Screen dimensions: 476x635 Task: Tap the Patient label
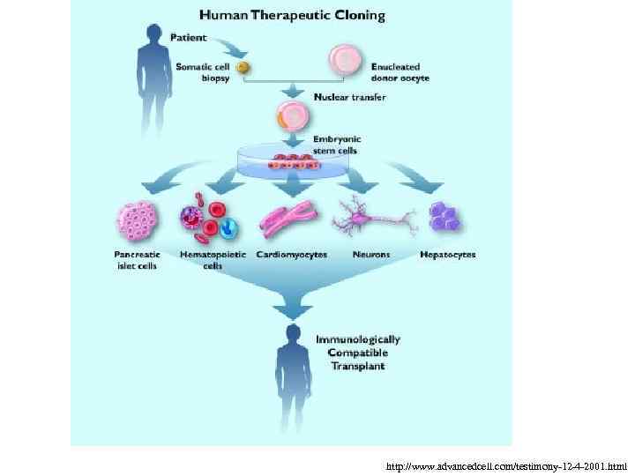click(188, 38)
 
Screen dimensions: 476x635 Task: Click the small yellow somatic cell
click(243, 67)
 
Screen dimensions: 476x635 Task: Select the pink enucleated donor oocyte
click(345, 60)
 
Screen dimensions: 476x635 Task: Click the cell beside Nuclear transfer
click(292, 116)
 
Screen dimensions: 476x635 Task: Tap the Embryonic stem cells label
click(337, 144)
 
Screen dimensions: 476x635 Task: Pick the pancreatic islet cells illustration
click(137, 220)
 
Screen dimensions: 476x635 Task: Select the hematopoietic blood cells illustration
click(210, 220)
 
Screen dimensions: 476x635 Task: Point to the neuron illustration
click(373, 216)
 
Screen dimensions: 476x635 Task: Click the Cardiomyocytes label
click(291, 255)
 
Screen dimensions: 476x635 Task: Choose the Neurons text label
click(371, 255)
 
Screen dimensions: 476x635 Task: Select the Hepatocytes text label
click(447, 255)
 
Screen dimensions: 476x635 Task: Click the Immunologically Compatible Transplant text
click(358, 353)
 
